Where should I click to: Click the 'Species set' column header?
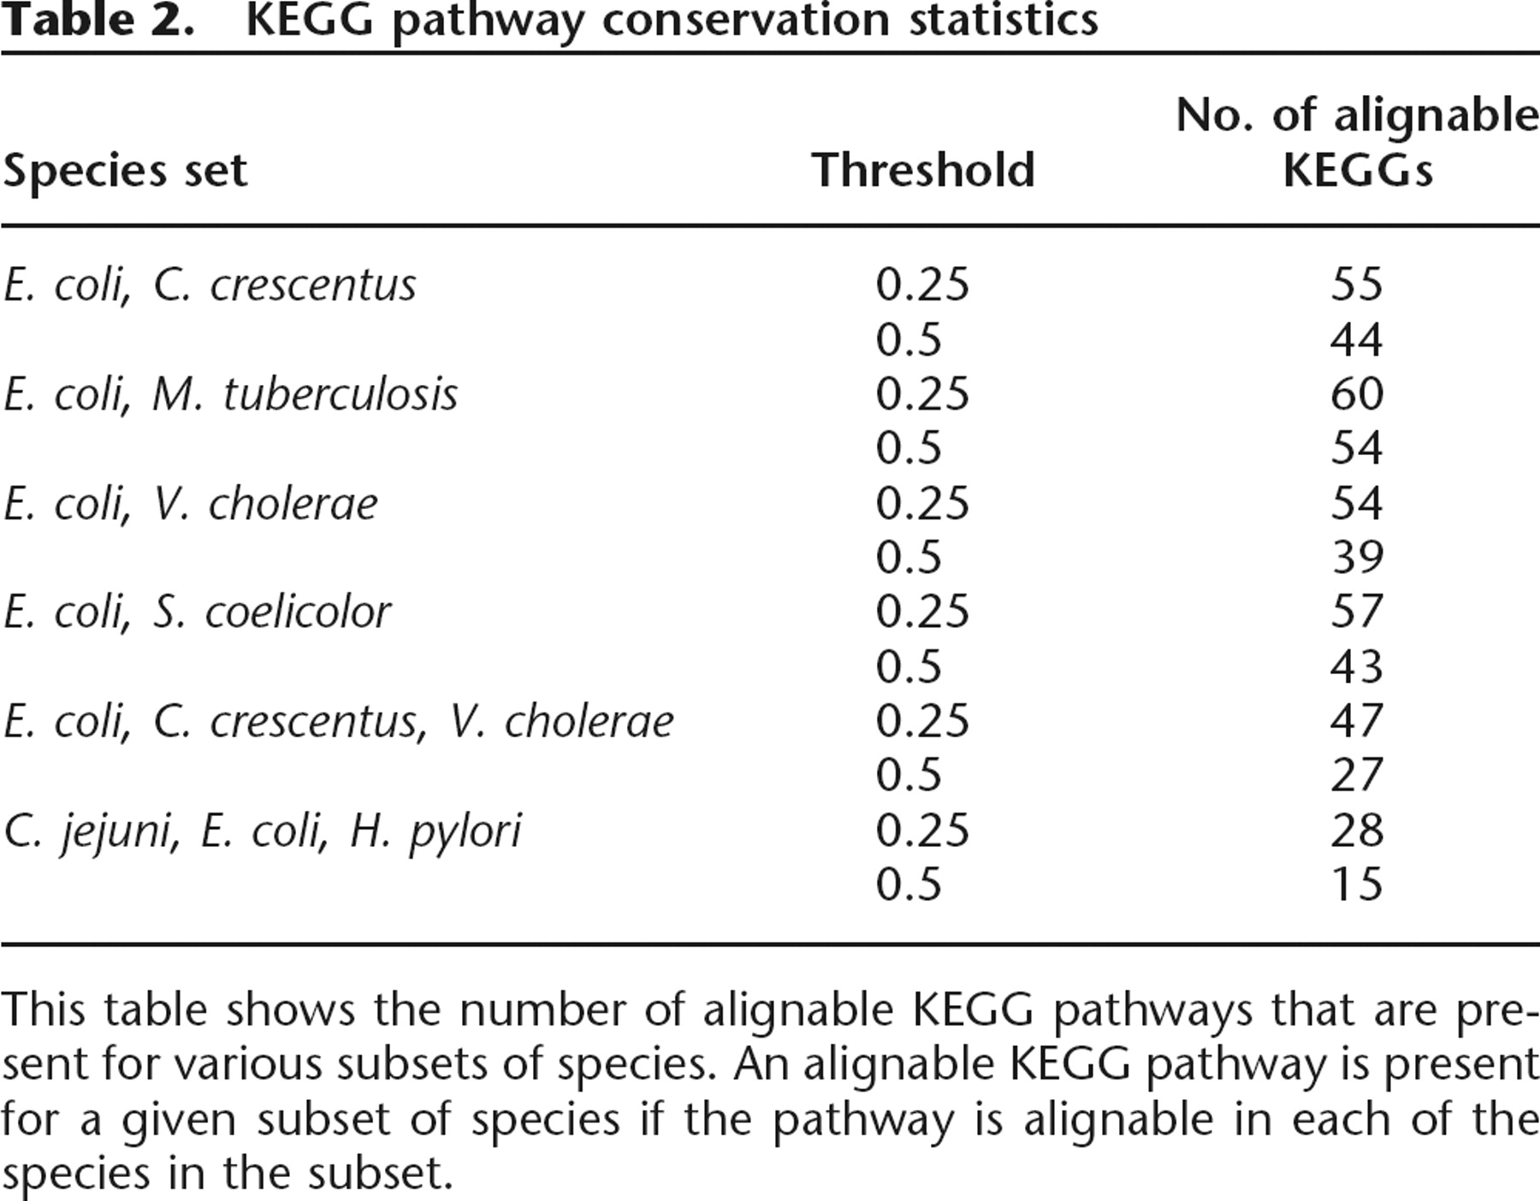click(x=125, y=170)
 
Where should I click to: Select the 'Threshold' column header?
click(x=923, y=169)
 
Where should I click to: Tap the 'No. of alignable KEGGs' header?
click(x=1357, y=142)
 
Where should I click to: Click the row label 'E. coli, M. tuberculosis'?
click(x=230, y=394)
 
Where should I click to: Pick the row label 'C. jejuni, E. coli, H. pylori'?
click(x=262, y=831)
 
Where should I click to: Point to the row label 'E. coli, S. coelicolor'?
click(x=197, y=612)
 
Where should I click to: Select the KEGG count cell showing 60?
click(x=1357, y=394)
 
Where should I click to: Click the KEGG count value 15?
click(x=1357, y=884)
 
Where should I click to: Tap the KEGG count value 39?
click(x=1357, y=558)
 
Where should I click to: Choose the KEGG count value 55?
click(x=1357, y=285)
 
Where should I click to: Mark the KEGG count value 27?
click(x=1357, y=776)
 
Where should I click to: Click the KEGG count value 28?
click(x=1357, y=831)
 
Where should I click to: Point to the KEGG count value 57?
click(x=1357, y=612)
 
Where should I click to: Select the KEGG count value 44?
click(x=1357, y=340)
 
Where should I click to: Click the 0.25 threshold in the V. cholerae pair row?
click(x=922, y=503)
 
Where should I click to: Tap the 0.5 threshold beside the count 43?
click(x=909, y=667)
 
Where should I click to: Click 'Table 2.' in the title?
click(x=98, y=21)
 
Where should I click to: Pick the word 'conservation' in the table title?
click(x=745, y=21)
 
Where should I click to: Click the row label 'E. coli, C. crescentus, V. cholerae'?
click(x=338, y=722)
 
